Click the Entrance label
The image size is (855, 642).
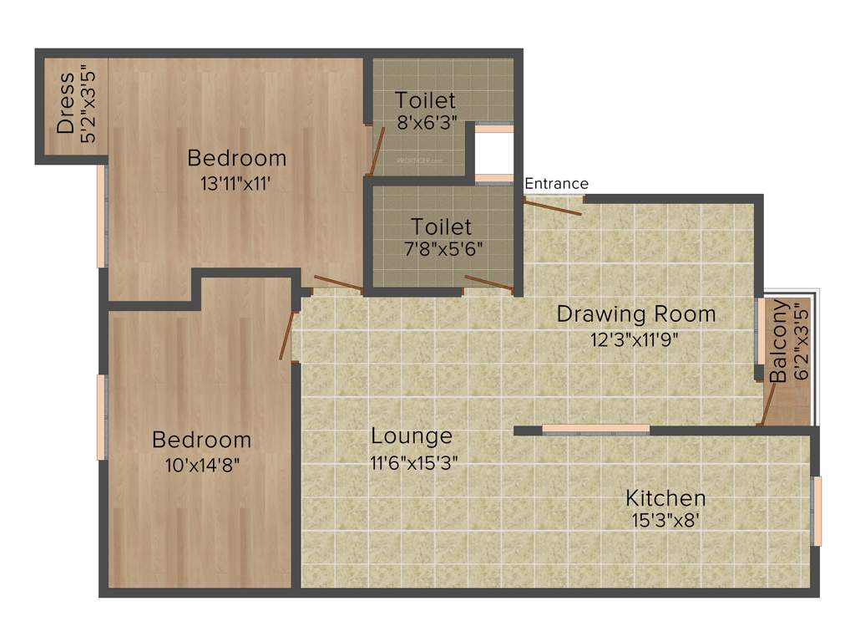coord(556,184)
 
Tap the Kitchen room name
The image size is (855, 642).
coord(665,498)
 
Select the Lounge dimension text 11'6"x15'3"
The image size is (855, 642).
coord(413,463)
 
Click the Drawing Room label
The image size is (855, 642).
coord(636,314)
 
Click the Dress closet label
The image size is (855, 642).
coord(66,104)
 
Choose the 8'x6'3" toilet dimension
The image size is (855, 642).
coord(427,124)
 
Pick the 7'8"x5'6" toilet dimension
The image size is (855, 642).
coord(442,249)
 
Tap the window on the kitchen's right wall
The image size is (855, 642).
coord(817,511)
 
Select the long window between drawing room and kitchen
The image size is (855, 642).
coord(595,430)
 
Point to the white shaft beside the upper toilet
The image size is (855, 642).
coord(493,153)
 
